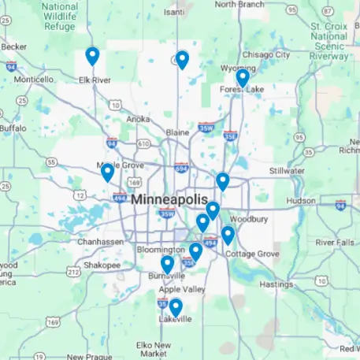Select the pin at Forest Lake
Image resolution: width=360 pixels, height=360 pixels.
click(242, 77)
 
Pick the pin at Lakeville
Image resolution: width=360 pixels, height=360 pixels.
click(176, 307)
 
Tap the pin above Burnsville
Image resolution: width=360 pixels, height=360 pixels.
click(167, 265)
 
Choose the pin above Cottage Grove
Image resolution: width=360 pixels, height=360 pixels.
click(228, 235)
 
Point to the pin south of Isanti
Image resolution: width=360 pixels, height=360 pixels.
click(182, 60)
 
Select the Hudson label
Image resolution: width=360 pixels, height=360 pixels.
click(301, 201)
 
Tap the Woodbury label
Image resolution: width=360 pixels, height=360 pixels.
click(251, 218)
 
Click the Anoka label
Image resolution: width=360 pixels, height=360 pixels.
click(139, 119)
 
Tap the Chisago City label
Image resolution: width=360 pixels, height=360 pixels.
click(265, 54)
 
